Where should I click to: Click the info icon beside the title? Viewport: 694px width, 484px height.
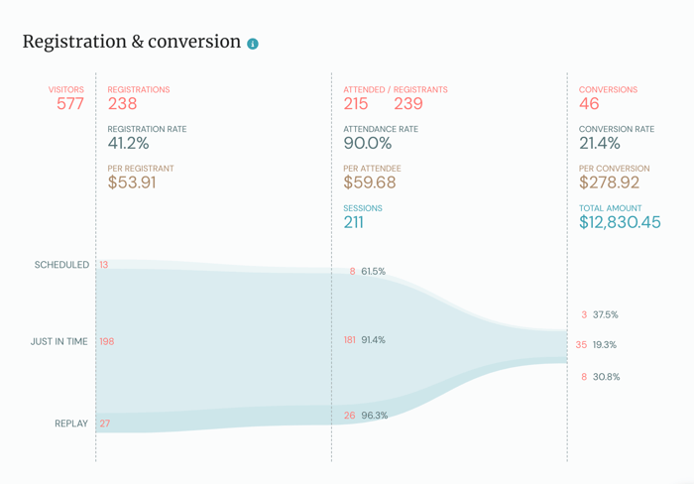click(253, 44)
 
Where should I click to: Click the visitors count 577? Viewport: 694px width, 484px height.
click(70, 104)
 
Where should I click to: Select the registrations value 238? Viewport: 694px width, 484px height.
click(123, 104)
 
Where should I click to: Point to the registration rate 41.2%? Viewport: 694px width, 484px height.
click(129, 144)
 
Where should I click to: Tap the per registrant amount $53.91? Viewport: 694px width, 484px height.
click(132, 183)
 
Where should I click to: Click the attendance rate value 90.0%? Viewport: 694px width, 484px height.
click(368, 144)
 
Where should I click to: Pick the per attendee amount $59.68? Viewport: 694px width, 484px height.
click(370, 183)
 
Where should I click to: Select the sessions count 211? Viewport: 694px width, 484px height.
click(354, 223)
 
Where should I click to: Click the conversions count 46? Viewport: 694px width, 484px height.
click(589, 104)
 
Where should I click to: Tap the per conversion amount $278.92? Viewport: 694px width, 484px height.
click(610, 183)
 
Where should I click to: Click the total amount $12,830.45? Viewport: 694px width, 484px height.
click(620, 223)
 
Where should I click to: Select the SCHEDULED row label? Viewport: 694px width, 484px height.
click(61, 265)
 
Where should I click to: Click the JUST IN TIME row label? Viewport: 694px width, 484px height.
click(58, 341)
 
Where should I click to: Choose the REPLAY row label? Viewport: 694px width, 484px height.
click(71, 423)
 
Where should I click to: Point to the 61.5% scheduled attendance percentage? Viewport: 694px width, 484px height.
click(374, 272)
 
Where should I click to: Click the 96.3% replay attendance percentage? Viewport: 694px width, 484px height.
click(375, 416)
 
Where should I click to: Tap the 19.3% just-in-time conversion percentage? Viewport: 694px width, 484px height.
click(605, 345)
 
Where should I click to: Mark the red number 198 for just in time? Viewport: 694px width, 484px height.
click(107, 341)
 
